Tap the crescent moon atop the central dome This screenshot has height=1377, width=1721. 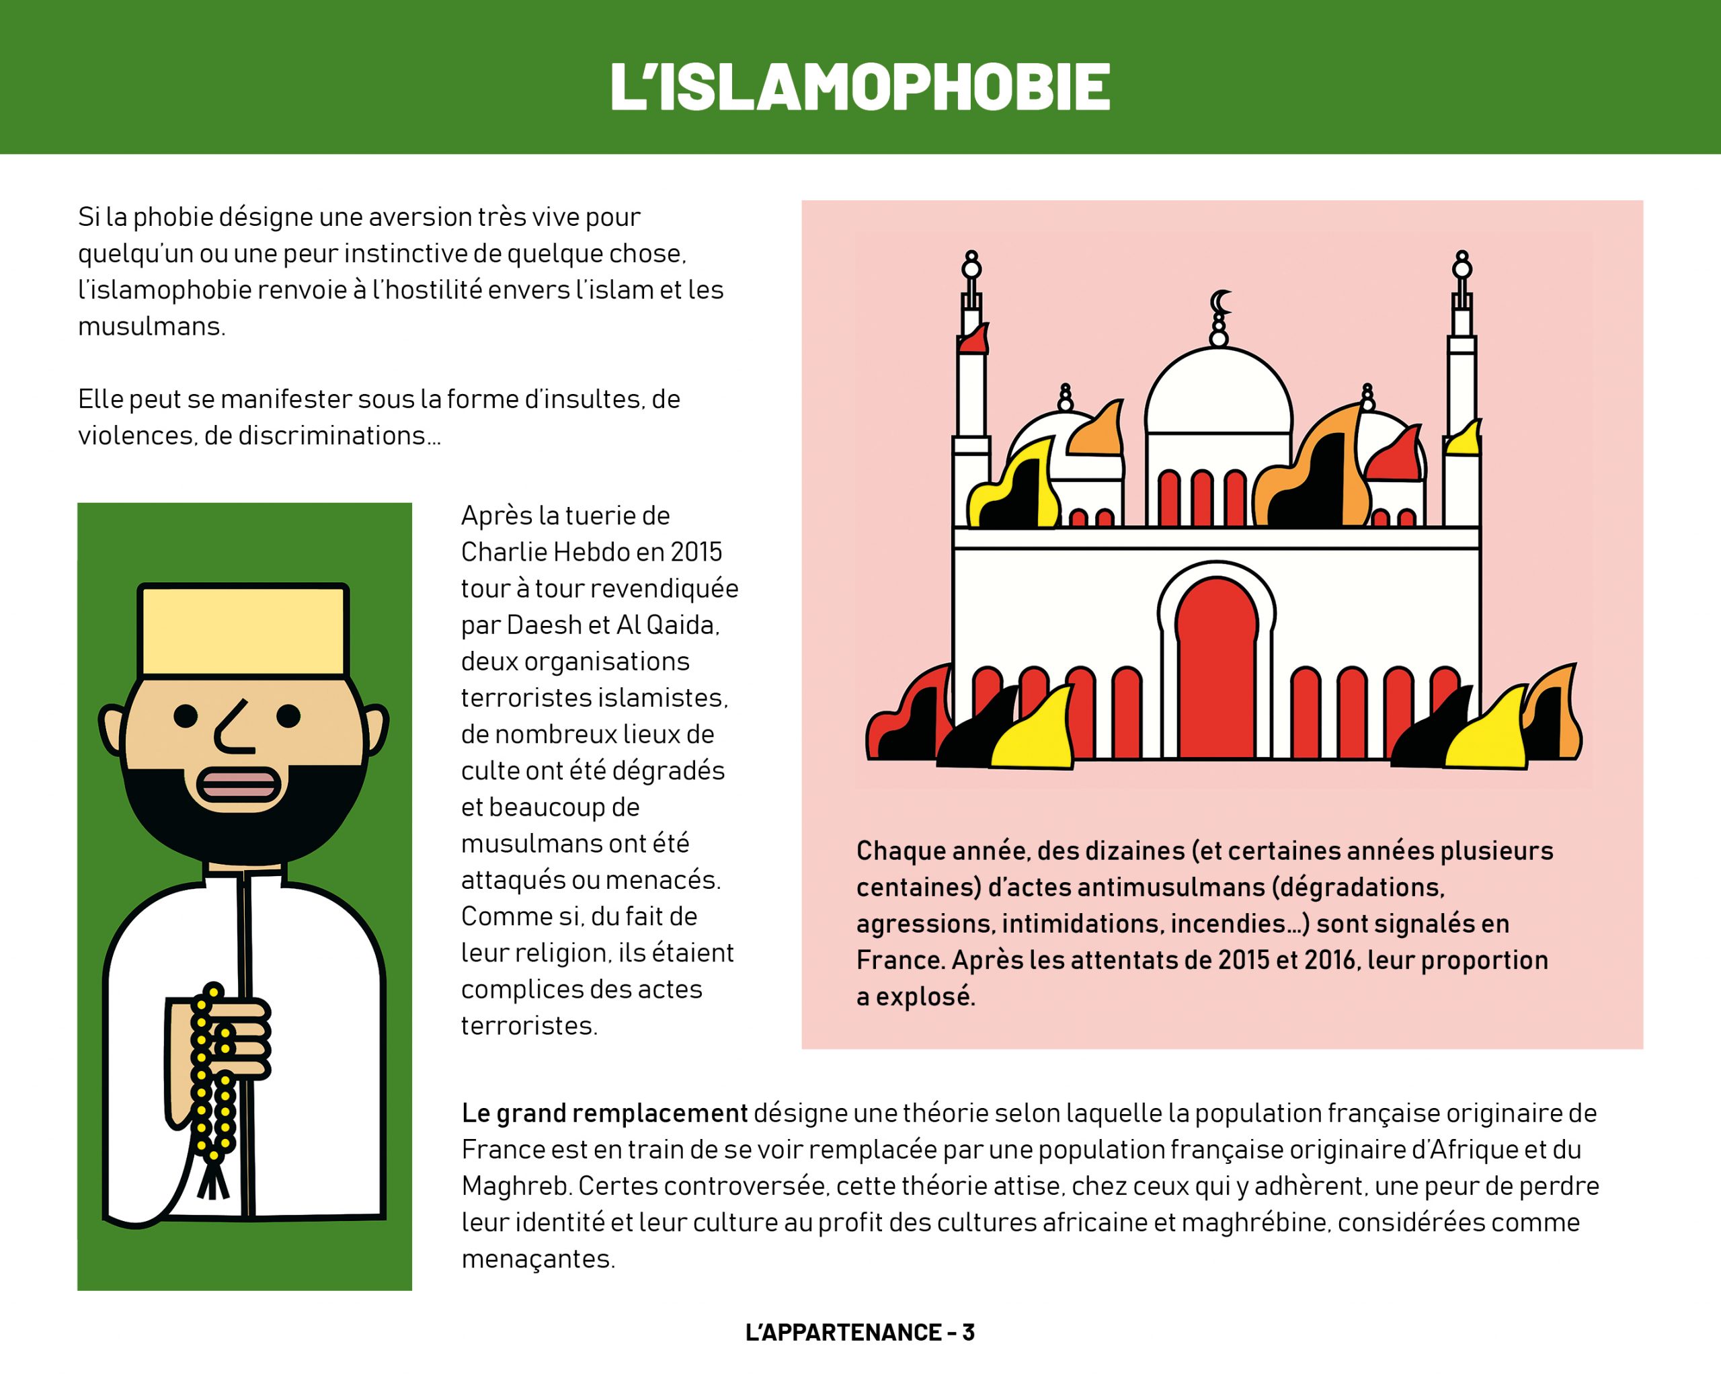point(1219,303)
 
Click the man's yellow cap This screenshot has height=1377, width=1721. point(243,631)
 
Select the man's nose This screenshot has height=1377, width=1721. point(234,728)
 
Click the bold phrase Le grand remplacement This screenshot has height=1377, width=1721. point(604,1113)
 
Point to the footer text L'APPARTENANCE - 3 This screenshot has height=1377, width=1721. point(860,1333)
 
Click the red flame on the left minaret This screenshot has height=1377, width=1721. point(974,340)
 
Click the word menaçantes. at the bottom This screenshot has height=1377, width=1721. point(538,1259)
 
